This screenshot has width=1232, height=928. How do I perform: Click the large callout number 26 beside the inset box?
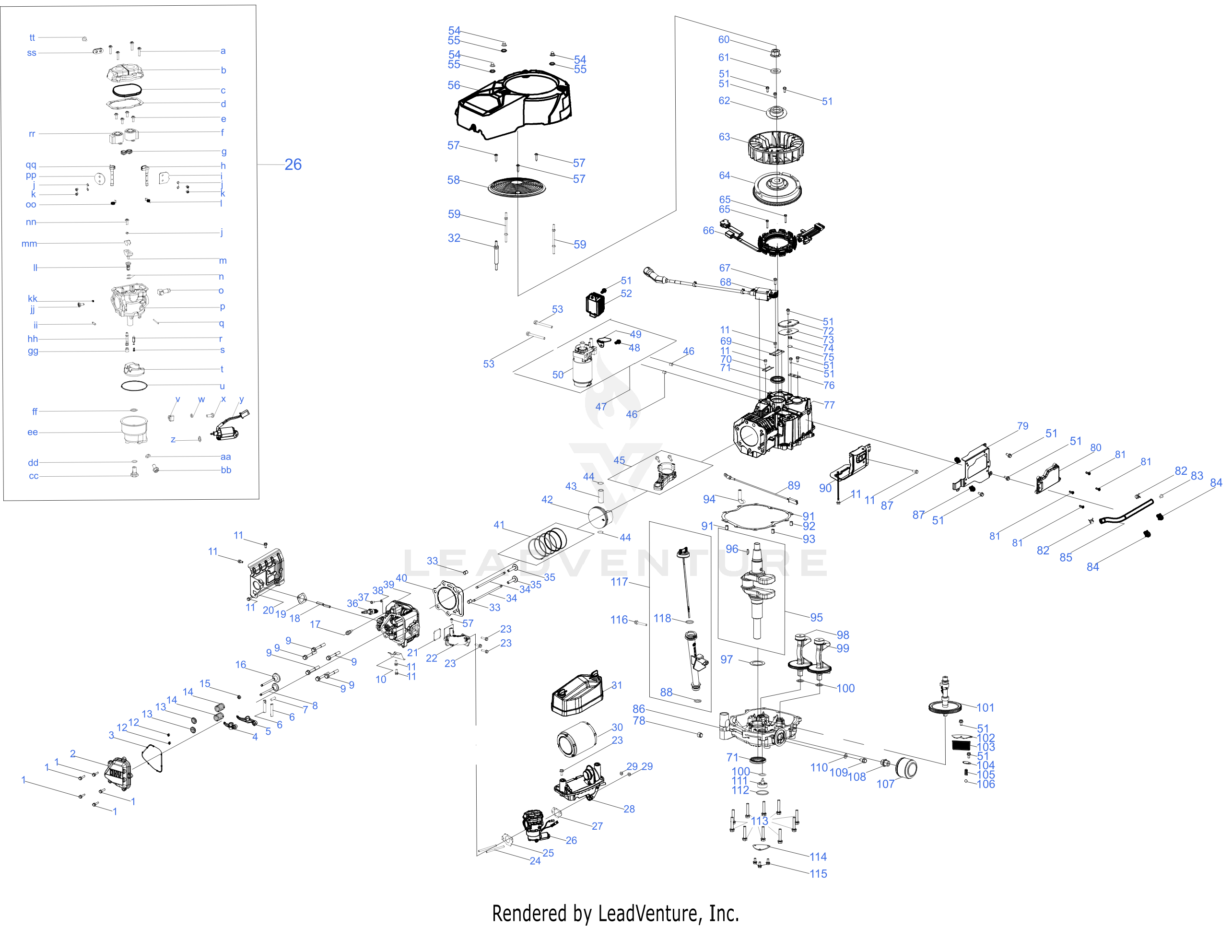point(293,164)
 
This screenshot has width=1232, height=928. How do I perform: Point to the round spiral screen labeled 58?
point(517,188)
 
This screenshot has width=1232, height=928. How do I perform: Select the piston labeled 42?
point(600,515)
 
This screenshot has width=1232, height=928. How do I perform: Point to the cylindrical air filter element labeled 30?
point(576,739)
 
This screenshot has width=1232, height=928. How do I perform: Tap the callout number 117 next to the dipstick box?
point(619,582)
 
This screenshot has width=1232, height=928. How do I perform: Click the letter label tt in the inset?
point(32,38)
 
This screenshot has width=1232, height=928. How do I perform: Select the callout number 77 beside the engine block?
point(829,405)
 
